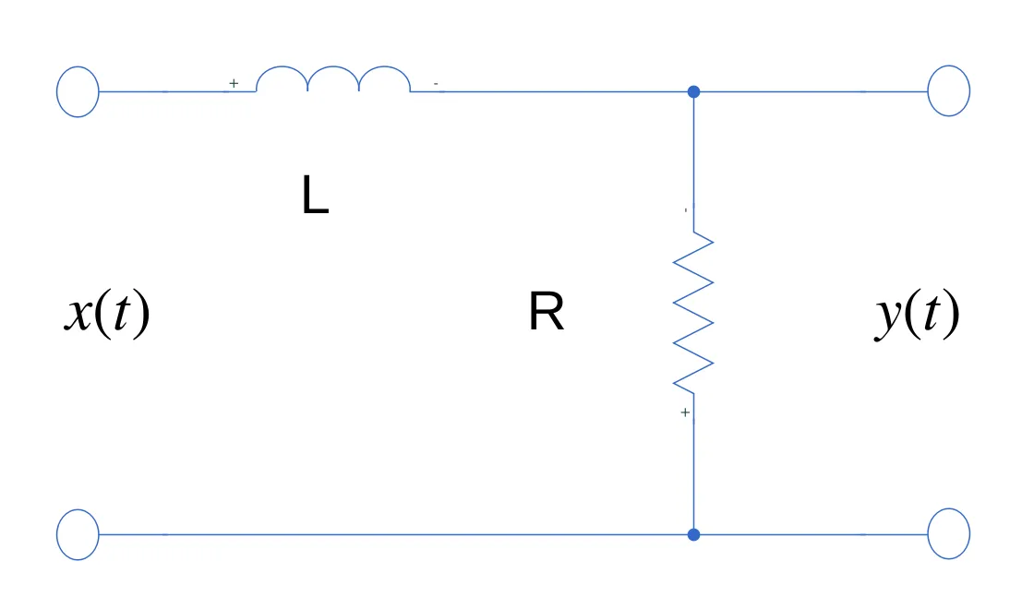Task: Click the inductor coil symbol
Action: (x=333, y=80)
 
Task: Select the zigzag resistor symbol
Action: (x=693, y=312)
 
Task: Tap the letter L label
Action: (x=315, y=197)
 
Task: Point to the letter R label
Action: (x=546, y=314)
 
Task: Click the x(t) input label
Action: (x=106, y=315)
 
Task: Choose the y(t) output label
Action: (x=917, y=315)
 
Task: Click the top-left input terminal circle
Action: (x=78, y=91)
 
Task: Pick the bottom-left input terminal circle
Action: (x=78, y=534)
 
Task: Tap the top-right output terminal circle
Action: (x=948, y=90)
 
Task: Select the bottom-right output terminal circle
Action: (x=948, y=534)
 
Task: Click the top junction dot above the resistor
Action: (x=694, y=91)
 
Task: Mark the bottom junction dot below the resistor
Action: (x=694, y=534)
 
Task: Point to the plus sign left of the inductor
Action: (x=234, y=83)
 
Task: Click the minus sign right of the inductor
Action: (x=436, y=85)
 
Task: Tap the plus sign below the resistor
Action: (x=685, y=412)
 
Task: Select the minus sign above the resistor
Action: (x=685, y=210)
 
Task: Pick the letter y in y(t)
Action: (x=889, y=318)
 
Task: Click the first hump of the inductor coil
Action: (x=282, y=79)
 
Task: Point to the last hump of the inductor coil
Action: (x=385, y=79)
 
